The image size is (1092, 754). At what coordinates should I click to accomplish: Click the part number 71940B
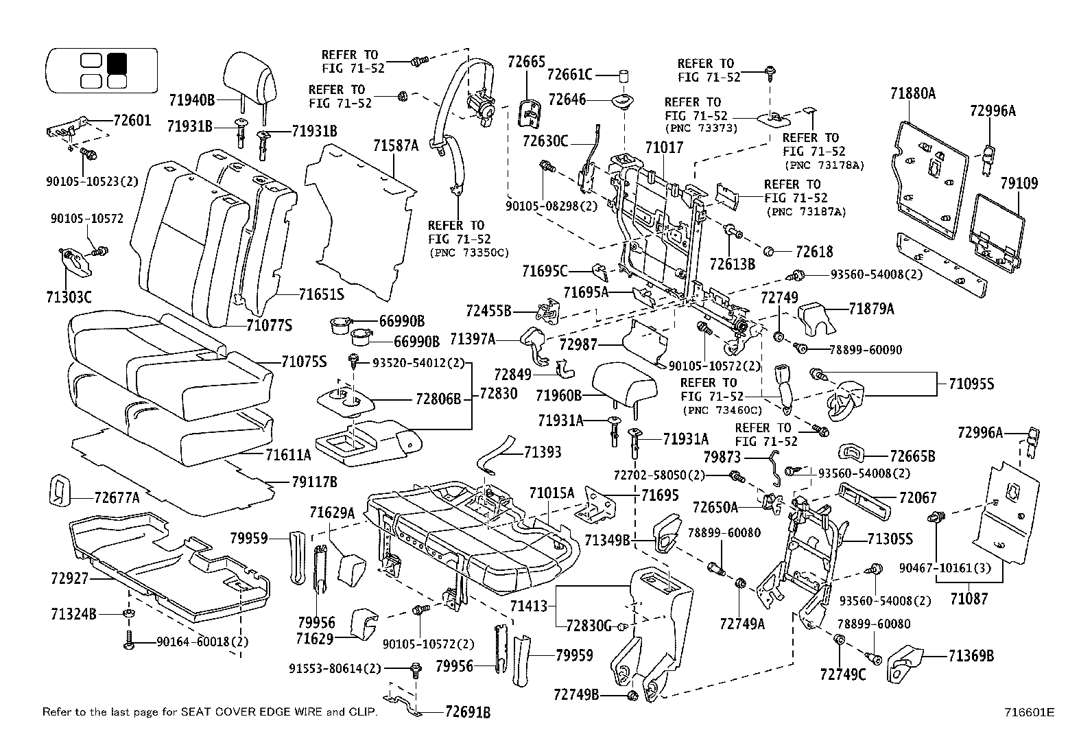192,100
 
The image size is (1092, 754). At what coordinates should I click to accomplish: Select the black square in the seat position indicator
117,62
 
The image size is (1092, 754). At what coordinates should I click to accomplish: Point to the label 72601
132,121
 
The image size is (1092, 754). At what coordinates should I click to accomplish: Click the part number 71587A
396,145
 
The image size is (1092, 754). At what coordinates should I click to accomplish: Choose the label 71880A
913,93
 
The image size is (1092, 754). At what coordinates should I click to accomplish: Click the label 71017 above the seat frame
664,147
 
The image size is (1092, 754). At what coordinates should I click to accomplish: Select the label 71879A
871,309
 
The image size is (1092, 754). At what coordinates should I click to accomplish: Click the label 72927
69,578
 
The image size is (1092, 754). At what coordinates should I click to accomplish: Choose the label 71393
542,451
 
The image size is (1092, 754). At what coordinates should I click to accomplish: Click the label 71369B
971,657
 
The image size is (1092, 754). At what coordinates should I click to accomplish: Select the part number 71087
969,598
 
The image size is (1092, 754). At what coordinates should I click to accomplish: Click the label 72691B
468,712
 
